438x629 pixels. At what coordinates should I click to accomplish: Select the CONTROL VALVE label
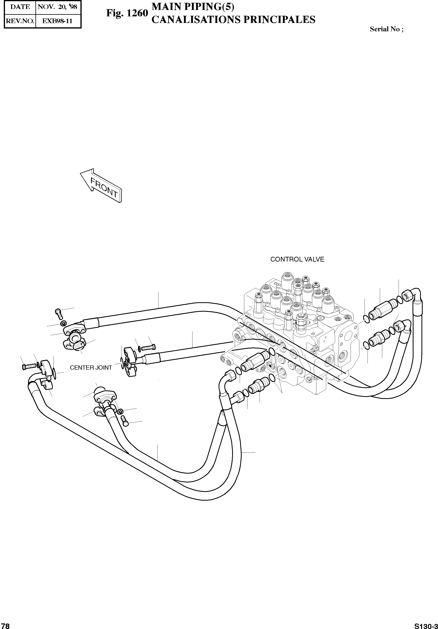click(297, 259)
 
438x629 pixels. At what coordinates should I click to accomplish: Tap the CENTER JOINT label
click(91, 368)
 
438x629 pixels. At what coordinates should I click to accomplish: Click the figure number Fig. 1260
click(127, 13)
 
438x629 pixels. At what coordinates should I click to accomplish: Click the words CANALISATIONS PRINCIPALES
click(233, 20)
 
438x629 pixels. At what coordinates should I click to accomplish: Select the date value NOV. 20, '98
click(58, 7)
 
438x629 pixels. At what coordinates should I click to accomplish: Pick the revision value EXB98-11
click(58, 21)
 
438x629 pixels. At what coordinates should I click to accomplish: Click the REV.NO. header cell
click(20, 21)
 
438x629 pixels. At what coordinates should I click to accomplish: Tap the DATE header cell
click(20, 7)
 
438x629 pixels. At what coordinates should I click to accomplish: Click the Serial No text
click(386, 29)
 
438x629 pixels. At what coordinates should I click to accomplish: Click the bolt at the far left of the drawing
click(27, 366)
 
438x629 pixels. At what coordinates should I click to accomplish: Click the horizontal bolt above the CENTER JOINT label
click(149, 347)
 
